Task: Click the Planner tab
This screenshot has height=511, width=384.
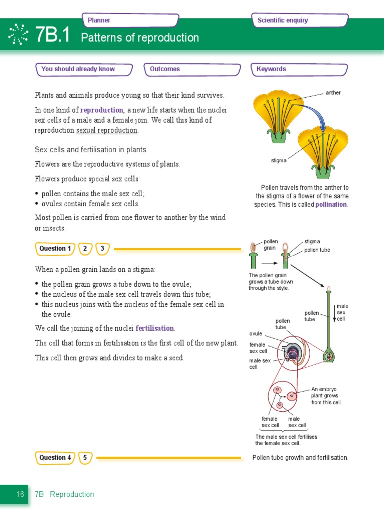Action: click(130, 20)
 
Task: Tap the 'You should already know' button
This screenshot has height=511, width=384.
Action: click(84, 69)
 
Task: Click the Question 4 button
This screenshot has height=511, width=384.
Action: click(55, 457)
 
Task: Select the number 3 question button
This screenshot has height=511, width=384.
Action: click(102, 248)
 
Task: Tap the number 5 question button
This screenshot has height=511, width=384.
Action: click(85, 457)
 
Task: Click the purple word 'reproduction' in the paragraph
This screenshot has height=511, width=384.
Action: click(102, 110)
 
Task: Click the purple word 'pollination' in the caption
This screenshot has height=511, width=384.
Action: click(331, 205)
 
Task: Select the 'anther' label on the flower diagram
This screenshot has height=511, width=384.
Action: click(333, 93)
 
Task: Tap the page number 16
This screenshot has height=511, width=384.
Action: click(20, 494)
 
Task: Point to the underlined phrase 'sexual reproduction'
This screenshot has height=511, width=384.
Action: click(107, 130)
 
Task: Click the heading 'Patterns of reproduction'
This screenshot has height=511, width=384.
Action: click(140, 38)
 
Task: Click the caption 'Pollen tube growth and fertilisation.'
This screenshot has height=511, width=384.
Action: click(300, 457)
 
